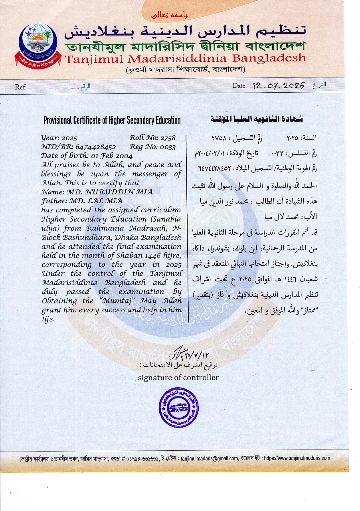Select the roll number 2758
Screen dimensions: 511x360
168,138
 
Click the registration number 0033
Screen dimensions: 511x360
168,147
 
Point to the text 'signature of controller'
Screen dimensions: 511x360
178,377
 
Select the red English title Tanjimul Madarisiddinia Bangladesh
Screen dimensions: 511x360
185,59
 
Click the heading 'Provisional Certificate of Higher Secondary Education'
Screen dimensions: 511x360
112,120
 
